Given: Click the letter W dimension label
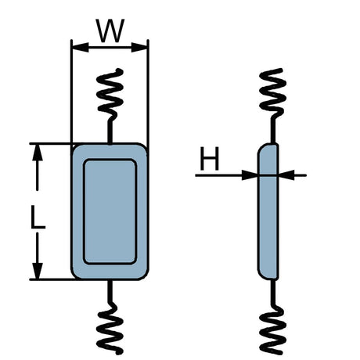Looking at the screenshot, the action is (x=110, y=31).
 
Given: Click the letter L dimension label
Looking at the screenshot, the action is (x=38, y=217).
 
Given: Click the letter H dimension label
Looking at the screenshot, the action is (x=209, y=158).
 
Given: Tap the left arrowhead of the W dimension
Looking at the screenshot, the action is (x=81, y=47).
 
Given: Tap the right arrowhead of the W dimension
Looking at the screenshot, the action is (x=139, y=47).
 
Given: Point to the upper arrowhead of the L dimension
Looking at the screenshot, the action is (x=38, y=153).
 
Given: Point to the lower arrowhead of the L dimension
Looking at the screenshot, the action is (x=38, y=271).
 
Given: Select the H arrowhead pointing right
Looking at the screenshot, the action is (x=250, y=175).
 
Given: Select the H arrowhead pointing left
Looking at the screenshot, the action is (x=286, y=175).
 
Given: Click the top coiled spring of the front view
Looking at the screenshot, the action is (x=110, y=94).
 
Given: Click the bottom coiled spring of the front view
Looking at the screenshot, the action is (x=110, y=329).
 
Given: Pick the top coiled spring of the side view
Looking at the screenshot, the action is (x=273, y=93).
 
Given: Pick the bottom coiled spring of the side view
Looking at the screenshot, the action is (x=273, y=329).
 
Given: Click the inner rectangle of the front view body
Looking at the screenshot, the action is (x=110, y=211).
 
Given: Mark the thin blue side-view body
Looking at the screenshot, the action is (x=268, y=211).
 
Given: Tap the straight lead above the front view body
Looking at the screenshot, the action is (x=110, y=131).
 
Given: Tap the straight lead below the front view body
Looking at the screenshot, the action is (x=110, y=291).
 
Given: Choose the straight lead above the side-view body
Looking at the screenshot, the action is (x=273, y=131).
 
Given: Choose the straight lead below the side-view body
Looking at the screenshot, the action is (x=273, y=293).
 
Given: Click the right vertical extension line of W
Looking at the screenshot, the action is (x=148, y=96).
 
